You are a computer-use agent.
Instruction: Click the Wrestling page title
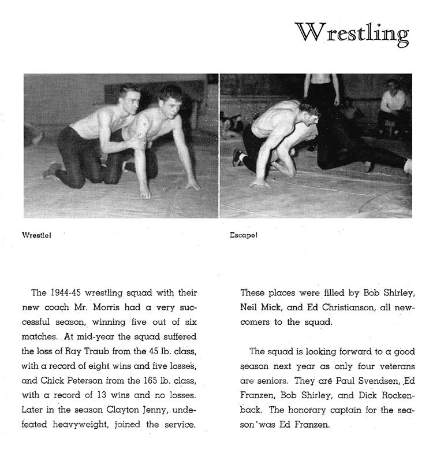(x=352, y=33)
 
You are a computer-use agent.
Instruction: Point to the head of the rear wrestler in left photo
(x=129, y=95)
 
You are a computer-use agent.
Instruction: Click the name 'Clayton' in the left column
(x=126, y=409)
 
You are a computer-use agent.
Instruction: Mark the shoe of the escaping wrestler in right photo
(x=237, y=157)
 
